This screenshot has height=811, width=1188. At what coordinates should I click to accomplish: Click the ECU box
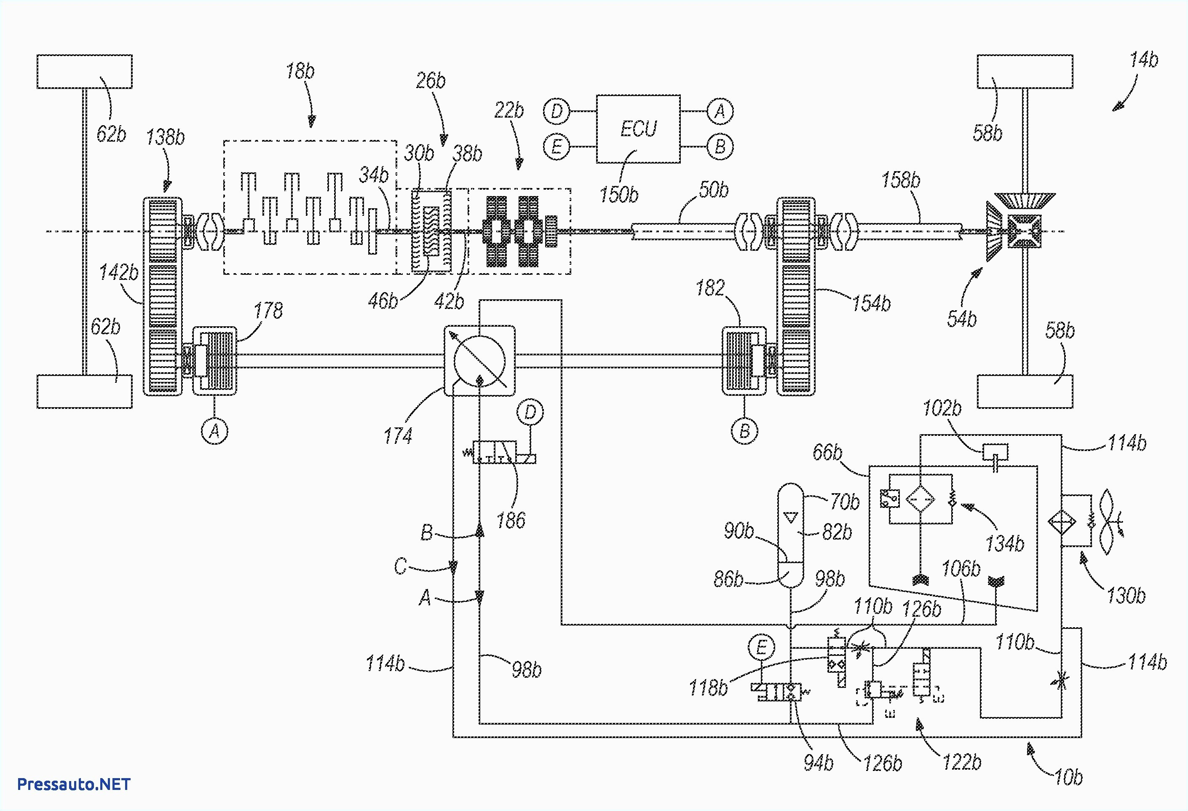point(638,129)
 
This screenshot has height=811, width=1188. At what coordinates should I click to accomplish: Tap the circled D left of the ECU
point(557,111)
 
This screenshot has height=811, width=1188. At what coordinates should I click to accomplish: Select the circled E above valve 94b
point(761,648)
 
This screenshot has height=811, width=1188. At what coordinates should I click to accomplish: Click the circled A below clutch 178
point(214,431)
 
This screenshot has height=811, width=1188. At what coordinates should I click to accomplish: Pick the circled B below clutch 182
point(744,431)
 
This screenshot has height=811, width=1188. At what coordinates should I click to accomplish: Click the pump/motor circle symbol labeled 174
point(479,361)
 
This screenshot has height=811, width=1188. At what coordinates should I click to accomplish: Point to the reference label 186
point(510,521)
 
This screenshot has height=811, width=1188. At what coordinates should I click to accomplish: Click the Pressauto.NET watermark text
point(74,784)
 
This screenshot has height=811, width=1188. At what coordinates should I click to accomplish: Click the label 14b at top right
point(1143,60)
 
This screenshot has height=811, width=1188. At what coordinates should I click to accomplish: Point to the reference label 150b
point(618,195)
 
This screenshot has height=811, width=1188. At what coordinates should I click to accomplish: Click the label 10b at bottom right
point(1068,777)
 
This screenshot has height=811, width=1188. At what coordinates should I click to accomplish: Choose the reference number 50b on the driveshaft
point(713,190)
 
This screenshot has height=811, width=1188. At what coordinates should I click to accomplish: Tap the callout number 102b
point(942,408)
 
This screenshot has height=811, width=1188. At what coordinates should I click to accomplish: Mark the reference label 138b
point(165,137)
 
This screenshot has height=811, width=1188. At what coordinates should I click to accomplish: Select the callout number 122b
point(961,763)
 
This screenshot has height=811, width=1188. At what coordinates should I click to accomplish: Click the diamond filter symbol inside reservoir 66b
point(920,499)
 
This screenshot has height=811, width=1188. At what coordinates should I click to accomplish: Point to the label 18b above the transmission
point(300,71)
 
